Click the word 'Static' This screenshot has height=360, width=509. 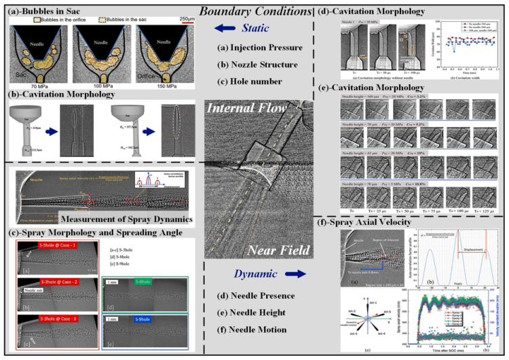254,28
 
